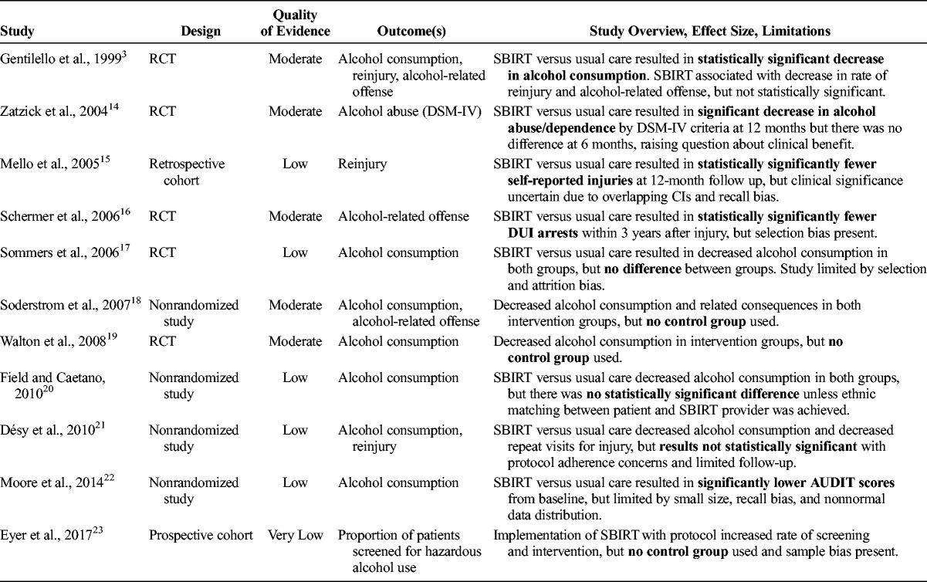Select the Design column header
point(201,32)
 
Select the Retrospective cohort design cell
point(187,171)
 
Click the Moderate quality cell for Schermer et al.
point(296,216)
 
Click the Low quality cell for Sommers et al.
point(296,253)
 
